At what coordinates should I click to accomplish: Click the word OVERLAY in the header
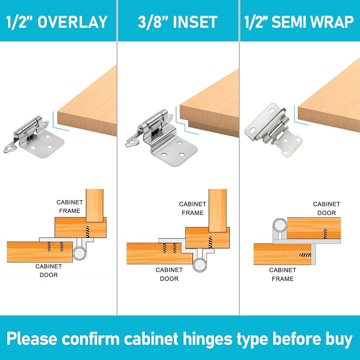pos(72,22)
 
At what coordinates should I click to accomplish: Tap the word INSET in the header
pos(195,22)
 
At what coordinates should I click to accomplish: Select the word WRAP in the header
pos(329,22)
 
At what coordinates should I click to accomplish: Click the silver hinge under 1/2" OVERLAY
pos(34,137)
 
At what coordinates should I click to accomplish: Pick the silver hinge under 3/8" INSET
pos(162,138)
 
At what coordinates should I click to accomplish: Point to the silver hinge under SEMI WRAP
pos(273,130)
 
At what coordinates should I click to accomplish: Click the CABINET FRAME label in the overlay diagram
pos(70,207)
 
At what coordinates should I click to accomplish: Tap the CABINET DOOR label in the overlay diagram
pos(49,270)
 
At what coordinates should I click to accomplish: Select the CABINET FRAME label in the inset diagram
pos(193,208)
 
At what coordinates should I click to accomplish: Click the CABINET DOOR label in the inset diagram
pos(169,274)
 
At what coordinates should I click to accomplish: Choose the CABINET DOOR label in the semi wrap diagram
pos(327,208)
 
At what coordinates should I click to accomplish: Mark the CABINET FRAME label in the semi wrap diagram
pos(283,274)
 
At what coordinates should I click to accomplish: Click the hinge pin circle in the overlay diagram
pos(79,253)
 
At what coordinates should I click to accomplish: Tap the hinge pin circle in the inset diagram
pos(200,265)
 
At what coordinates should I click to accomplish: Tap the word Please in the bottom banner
pos(32,339)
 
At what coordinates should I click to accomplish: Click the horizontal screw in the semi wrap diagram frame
pos(305,255)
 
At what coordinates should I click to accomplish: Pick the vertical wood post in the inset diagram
pos(218,210)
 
